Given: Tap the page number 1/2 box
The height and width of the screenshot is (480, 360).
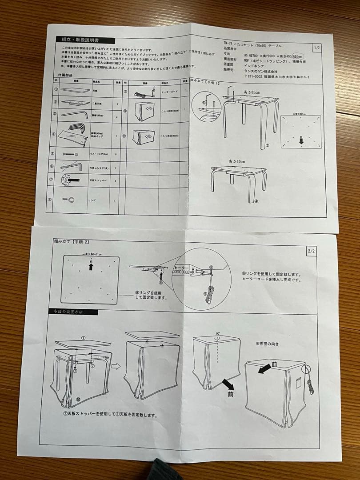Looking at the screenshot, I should click(x=317, y=48).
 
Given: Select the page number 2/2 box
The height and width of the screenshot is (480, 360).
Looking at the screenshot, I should click(x=311, y=251).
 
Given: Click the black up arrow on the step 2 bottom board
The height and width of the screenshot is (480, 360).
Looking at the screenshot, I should click(x=91, y=267).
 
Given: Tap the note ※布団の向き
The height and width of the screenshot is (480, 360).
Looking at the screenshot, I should click(x=268, y=344).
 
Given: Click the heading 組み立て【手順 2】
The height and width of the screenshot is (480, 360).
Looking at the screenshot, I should click(x=72, y=241).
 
